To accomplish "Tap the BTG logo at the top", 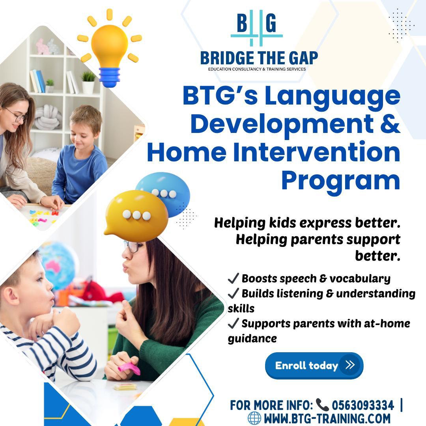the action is [257, 28].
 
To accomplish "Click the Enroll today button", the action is [314, 365].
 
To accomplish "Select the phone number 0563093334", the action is [363, 405].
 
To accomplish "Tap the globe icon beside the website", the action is [254, 418].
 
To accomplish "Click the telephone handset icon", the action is [323, 405].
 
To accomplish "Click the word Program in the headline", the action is [340, 181].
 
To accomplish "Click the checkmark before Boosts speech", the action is [233, 278].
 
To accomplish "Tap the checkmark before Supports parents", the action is [233, 323].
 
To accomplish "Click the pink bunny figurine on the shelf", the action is [43, 47].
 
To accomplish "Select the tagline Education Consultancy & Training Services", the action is [257, 69].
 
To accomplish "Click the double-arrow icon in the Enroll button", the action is [350, 364].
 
